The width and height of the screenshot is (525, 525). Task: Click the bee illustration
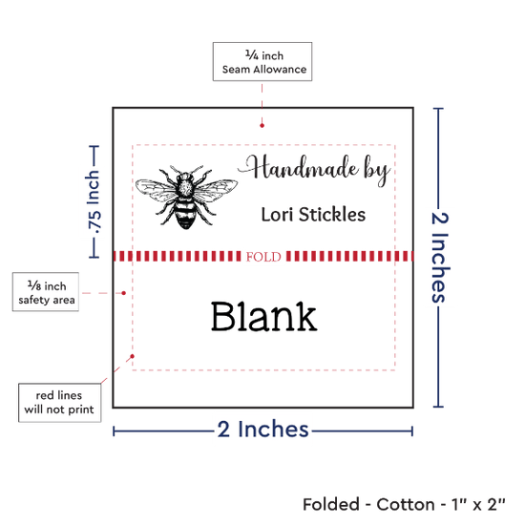pos(186,198)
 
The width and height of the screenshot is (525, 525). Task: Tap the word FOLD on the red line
pos(263,257)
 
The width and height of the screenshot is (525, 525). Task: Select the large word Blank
pos(263,316)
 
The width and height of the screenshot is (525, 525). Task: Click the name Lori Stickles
pos(313,214)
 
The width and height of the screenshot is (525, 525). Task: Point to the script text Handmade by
pos(314,170)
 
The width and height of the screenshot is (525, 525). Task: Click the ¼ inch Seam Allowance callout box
pos(262,62)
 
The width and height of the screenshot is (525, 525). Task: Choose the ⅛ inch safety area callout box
pos(46,292)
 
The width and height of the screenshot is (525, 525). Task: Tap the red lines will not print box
pos(59,403)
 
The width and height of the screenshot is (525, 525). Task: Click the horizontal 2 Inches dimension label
pos(262,430)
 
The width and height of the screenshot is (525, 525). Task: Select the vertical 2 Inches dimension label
pos(440,257)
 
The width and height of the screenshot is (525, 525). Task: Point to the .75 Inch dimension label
pos(94,202)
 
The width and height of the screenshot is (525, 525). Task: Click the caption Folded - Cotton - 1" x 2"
pos(404,505)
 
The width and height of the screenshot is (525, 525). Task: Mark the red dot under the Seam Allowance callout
pos(262,126)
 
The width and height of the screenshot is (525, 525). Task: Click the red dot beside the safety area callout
pos(123,293)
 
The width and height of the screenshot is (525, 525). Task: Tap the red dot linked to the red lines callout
pos(133,356)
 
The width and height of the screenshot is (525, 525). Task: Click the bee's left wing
pos(155,190)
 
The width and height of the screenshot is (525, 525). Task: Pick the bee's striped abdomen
pos(185,213)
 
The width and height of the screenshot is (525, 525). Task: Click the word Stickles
pos(332,214)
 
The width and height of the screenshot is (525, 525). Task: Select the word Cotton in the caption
pos(405,505)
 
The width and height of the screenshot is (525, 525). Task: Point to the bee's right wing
pos(216,190)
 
